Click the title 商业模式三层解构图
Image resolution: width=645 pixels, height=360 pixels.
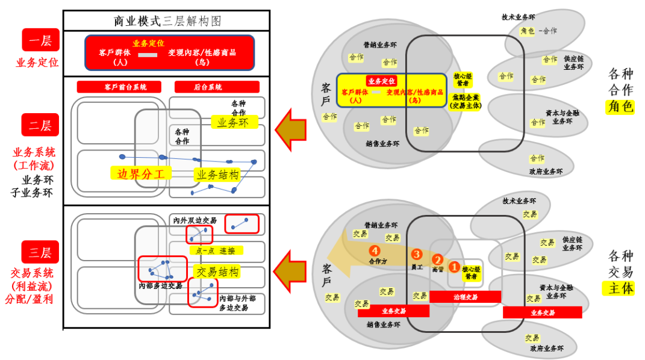pyautogui.click(x=167, y=21)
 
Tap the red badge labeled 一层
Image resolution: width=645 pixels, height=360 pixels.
pyautogui.click(x=40, y=40)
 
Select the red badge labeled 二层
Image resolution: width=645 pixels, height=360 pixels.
pyautogui.click(x=40, y=126)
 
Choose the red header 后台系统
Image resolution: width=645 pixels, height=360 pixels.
pyautogui.click(x=208, y=87)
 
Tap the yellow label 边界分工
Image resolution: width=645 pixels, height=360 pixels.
pyautogui.click(x=141, y=174)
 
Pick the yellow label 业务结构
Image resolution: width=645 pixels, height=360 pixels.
pyautogui.click(x=217, y=175)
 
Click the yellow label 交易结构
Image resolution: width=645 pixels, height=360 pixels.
pyautogui.click(x=217, y=272)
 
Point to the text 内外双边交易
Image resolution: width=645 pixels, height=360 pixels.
pyautogui.click(x=195, y=220)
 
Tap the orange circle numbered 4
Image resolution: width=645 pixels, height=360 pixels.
pyautogui.click(x=375, y=250)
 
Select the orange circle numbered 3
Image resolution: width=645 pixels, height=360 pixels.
pyautogui.click(x=417, y=254)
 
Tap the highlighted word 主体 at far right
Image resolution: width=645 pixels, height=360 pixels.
pyautogui.click(x=620, y=288)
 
